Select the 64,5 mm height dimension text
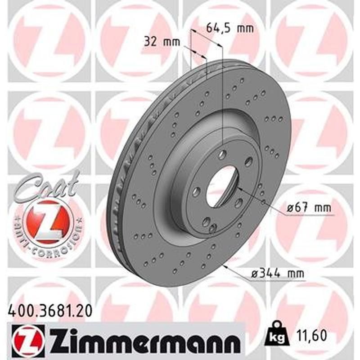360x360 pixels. click(x=229, y=28)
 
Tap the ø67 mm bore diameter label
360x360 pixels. click(x=309, y=208)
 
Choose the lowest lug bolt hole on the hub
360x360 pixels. click(x=207, y=221)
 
